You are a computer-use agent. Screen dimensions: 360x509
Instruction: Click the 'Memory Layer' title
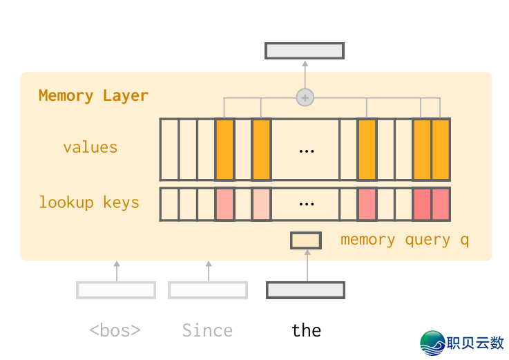[x=93, y=95]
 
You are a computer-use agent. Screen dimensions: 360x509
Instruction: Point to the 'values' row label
[x=90, y=147]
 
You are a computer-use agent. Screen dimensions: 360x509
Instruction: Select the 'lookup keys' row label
[x=89, y=202]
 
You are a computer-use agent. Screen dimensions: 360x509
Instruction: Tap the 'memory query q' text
[x=404, y=240]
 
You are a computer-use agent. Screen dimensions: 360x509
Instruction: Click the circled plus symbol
[x=305, y=97]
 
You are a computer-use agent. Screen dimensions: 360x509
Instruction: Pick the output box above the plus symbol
[x=305, y=50]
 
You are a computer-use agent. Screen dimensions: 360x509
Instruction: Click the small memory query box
[x=305, y=240]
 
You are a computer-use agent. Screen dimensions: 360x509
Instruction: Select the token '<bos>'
[x=115, y=330]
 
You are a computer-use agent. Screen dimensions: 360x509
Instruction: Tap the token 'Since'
[x=207, y=330]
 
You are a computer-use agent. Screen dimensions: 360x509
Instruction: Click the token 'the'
[x=306, y=330]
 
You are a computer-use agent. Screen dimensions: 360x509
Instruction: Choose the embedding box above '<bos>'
[x=116, y=290]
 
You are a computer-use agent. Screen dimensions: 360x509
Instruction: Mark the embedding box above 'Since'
[x=208, y=290]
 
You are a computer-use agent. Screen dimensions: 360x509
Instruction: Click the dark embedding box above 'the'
[x=305, y=290]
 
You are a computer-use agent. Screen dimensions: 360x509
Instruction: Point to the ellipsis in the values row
[x=306, y=149]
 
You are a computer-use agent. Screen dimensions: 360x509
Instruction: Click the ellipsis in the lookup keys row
[x=306, y=204]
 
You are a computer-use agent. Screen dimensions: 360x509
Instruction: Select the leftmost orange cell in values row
[x=224, y=149]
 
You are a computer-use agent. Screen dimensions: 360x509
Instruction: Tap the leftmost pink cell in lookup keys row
[x=224, y=205]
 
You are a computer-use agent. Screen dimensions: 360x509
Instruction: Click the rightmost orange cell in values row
[x=441, y=149]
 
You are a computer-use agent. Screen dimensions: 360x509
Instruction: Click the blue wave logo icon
[x=433, y=343]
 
